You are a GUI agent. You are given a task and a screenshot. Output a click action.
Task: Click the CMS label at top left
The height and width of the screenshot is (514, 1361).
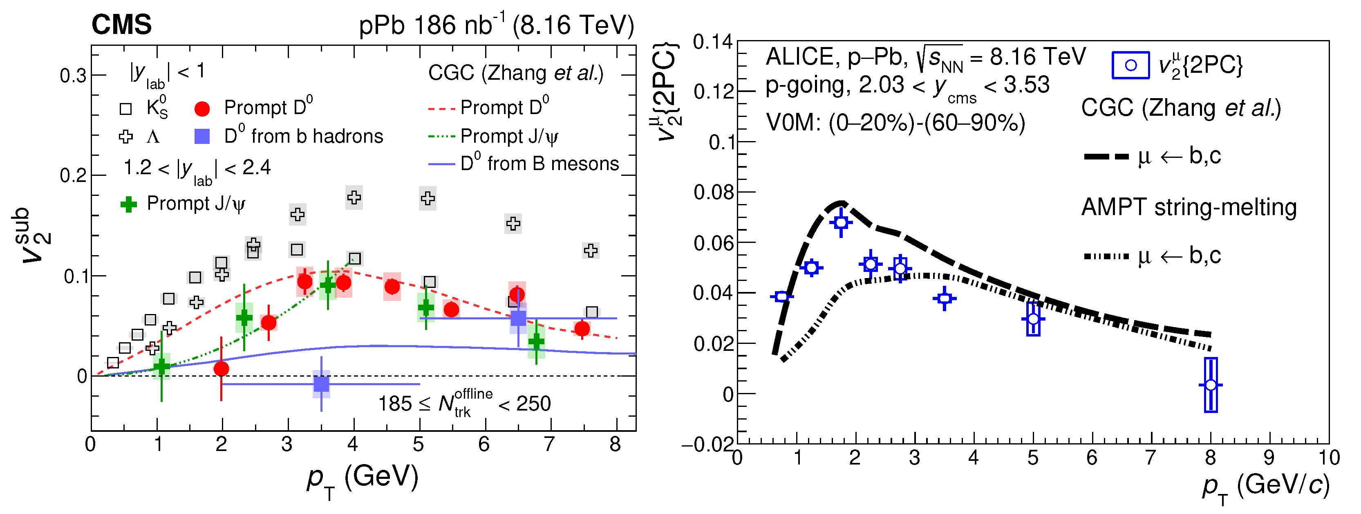pos(121,25)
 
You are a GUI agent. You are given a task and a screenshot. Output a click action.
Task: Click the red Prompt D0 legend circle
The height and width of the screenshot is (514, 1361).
pos(202,109)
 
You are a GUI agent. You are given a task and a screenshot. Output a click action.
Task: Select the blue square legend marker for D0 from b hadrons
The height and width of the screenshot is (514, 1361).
pos(202,137)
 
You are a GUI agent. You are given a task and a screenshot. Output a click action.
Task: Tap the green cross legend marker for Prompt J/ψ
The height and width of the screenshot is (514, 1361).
pos(128,204)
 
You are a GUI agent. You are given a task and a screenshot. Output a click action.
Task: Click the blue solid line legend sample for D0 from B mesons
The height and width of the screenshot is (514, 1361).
pos(441,164)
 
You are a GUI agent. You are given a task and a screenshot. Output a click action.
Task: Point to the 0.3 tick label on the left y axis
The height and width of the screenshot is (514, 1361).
pos(73,76)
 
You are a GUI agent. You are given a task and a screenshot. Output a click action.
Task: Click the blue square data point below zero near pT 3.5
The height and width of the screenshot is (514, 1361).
pos(321,384)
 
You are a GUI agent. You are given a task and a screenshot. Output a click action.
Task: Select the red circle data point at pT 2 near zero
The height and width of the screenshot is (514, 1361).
pos(222,368)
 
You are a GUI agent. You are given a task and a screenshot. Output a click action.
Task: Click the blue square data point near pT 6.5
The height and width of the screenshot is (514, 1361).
pos(518,318)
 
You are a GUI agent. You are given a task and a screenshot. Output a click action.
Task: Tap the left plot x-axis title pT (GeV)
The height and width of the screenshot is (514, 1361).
pos(363,478)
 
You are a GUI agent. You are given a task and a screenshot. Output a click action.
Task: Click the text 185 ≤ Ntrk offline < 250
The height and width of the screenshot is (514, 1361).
pos(464,404)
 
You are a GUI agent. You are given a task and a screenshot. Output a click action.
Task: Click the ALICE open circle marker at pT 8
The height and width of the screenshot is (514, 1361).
pos(1211,385)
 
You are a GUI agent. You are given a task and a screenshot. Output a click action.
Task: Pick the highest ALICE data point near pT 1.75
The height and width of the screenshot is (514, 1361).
pos(841,222)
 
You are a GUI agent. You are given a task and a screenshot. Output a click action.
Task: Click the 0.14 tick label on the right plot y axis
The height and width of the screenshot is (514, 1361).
pos(713,42)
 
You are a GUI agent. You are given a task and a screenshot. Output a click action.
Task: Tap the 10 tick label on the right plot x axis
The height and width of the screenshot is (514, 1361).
pos(1329,458)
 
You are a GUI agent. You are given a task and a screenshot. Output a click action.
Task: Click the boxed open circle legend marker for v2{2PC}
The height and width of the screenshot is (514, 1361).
pos(1130,65)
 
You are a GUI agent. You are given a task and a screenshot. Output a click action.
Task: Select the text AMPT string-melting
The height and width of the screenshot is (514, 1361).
pos(1189,207)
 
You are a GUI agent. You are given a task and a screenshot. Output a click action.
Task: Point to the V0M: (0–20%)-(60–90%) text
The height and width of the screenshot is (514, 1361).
pos(895,123)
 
